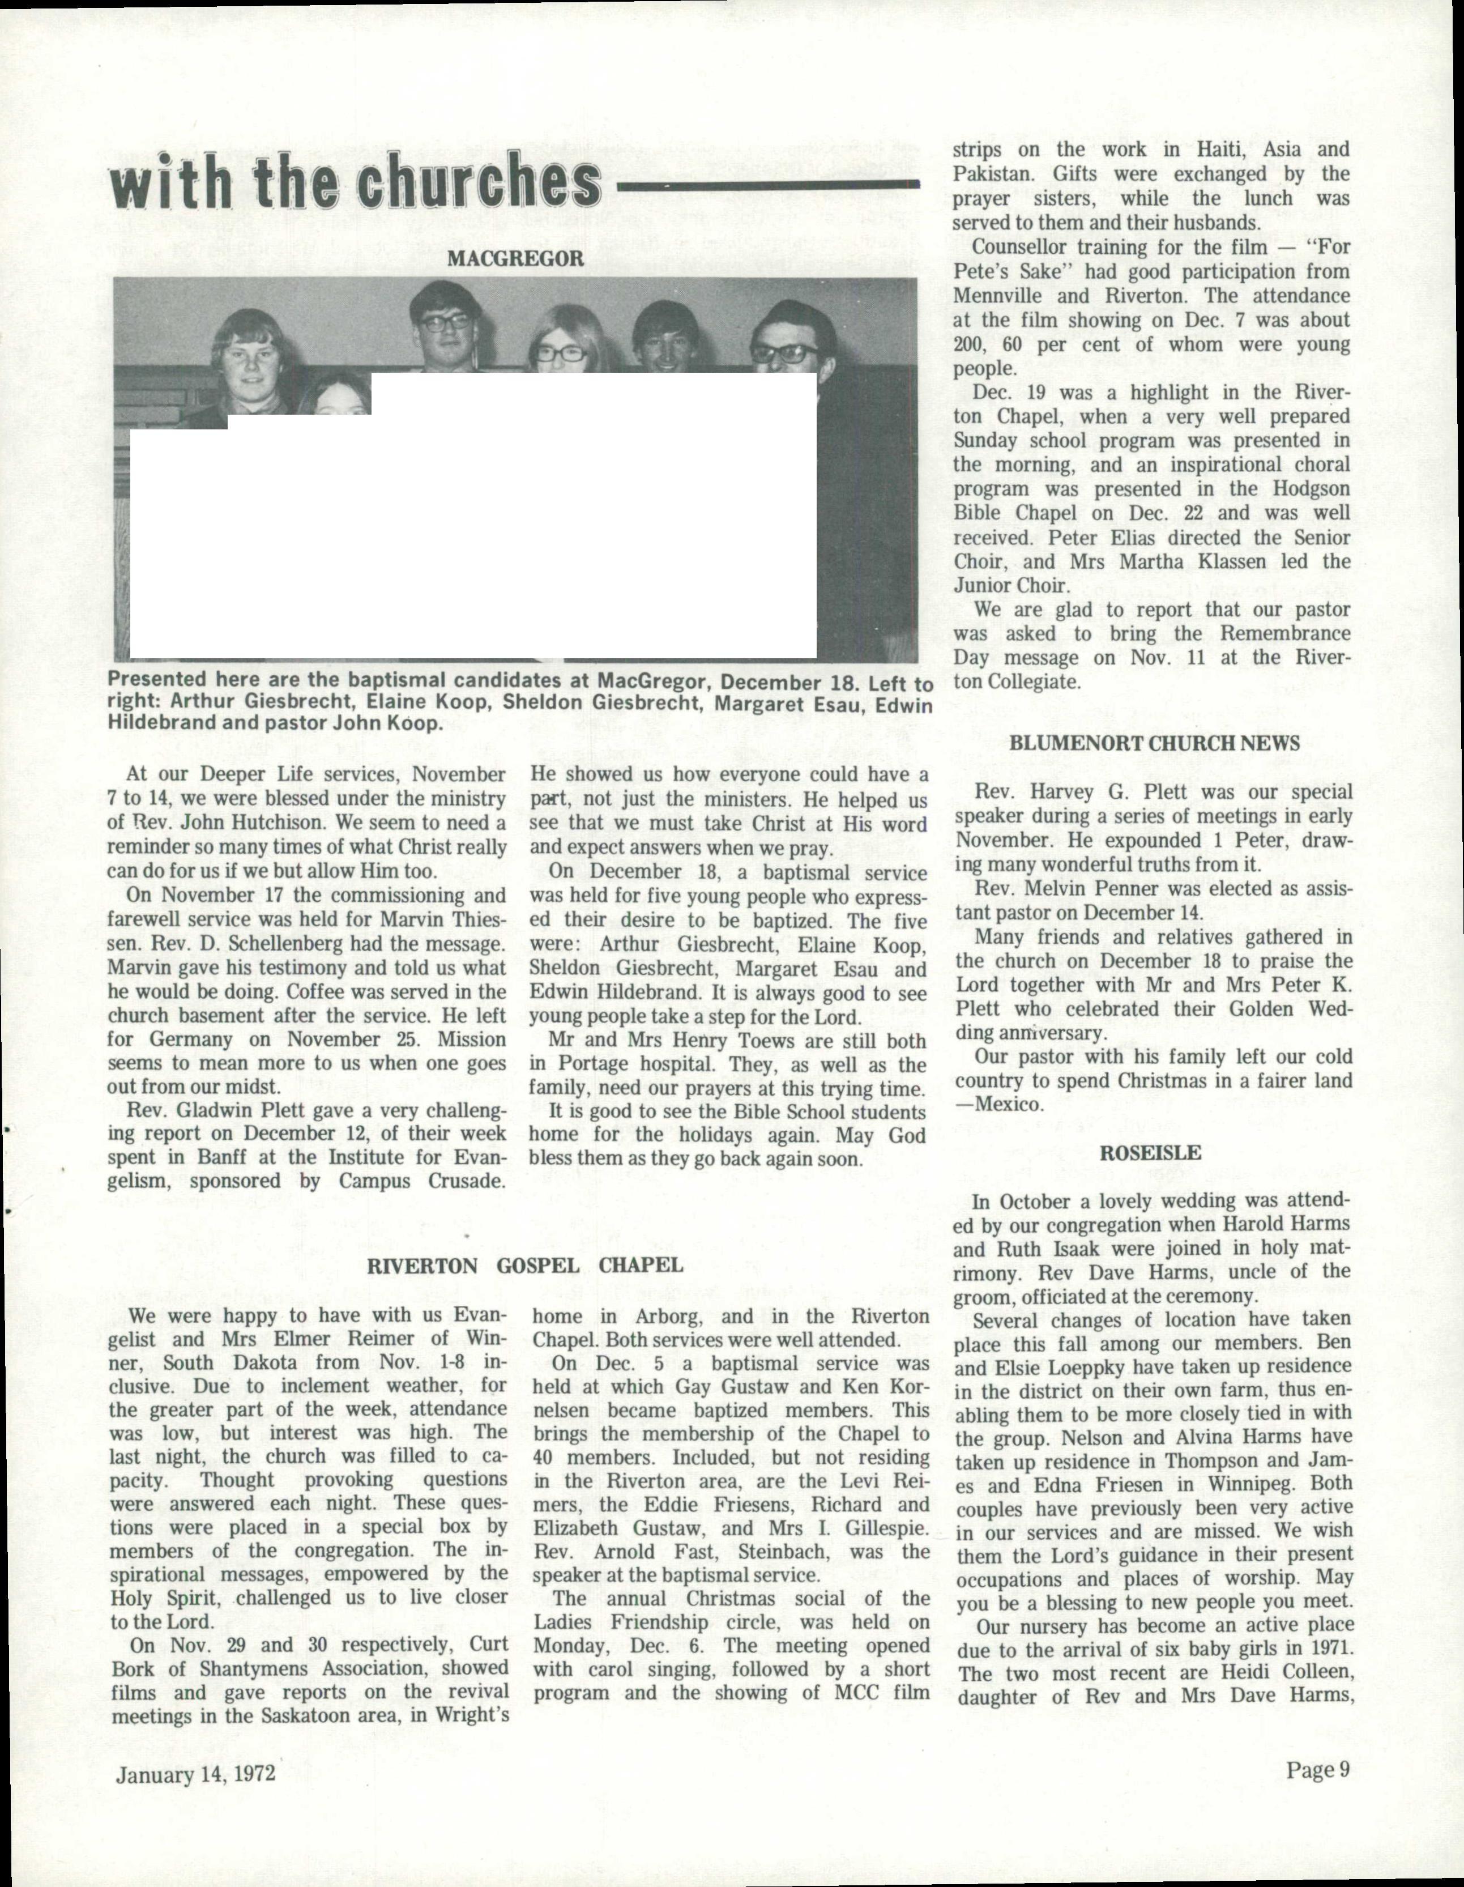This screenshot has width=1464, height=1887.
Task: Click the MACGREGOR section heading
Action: coord(515,258)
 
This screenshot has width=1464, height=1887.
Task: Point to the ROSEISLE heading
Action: coord(1150,1153)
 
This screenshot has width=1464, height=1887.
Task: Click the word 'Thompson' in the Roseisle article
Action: coord(1216,1462)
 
